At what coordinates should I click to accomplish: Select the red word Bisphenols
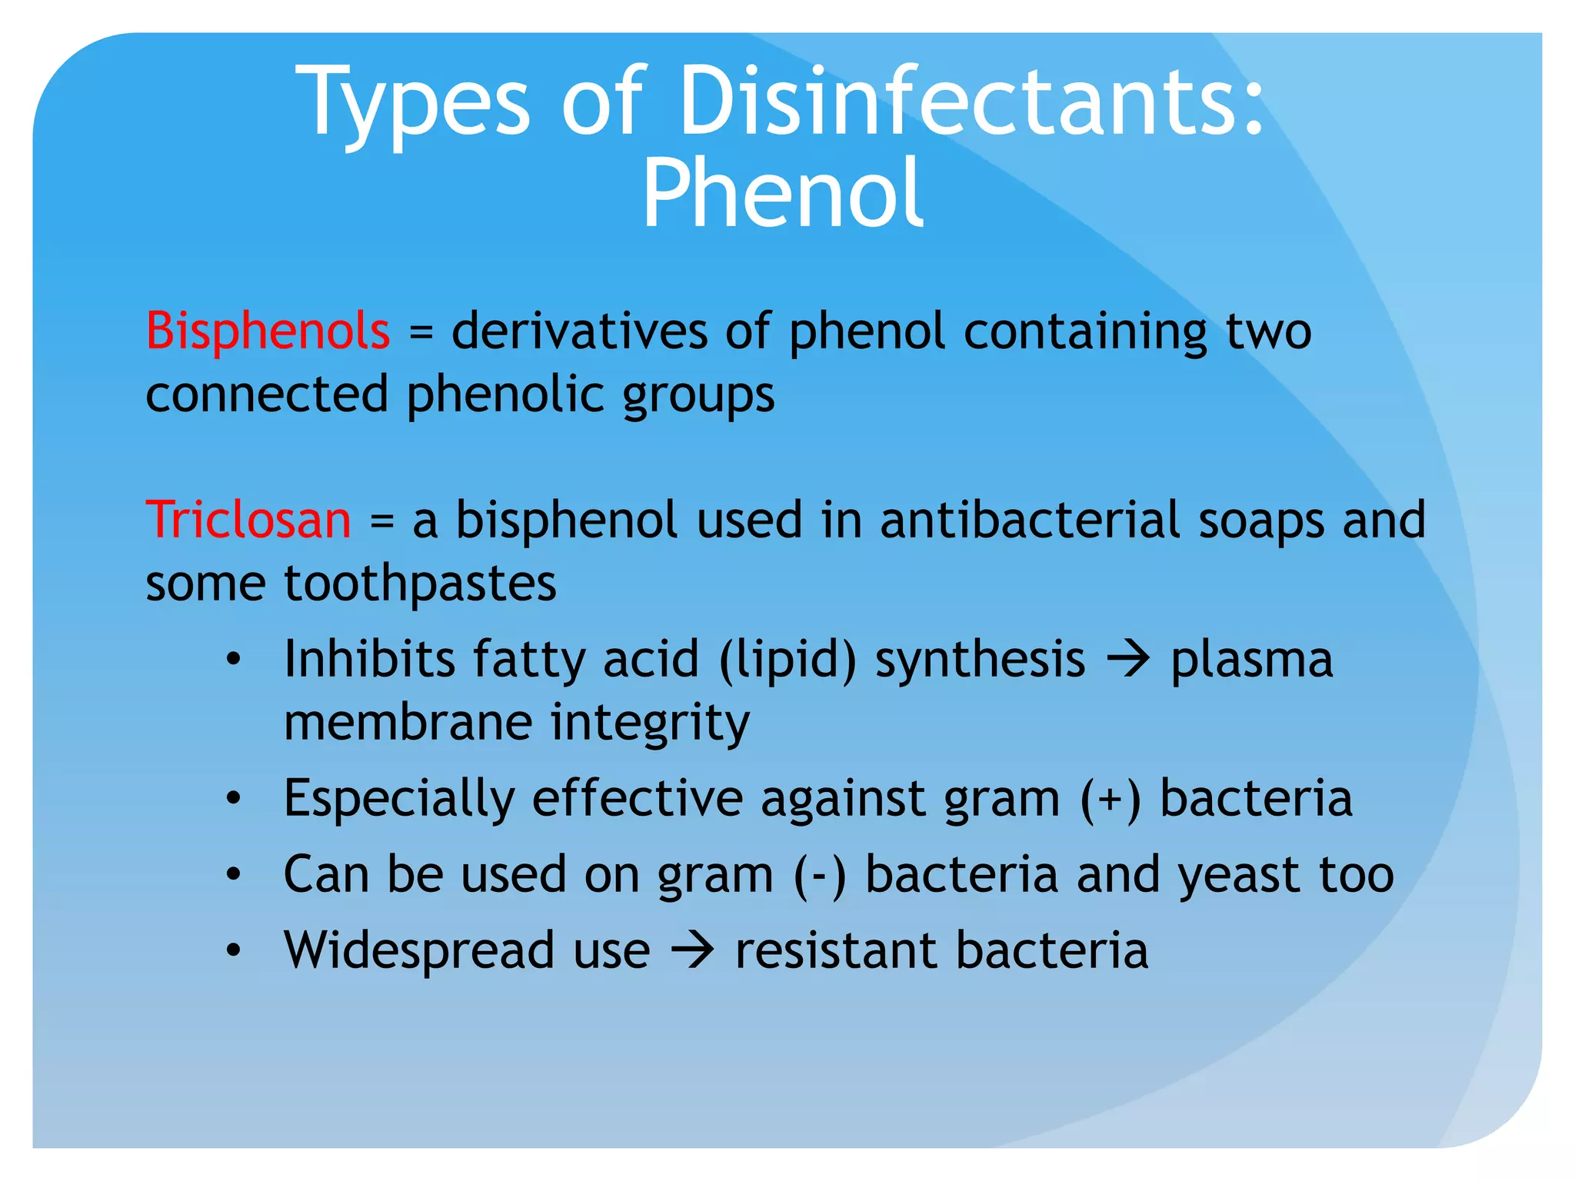[x=268, y=331]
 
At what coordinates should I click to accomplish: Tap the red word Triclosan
[x=248, y=520]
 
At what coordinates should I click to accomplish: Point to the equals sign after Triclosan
[x=382, y=523]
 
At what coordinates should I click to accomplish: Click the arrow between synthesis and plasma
[x=1127, y=660]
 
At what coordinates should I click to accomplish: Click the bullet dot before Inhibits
[x=234, y=660]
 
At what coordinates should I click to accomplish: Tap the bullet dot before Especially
[x=234, y=799]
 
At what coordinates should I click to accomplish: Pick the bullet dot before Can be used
[x=234, y=874]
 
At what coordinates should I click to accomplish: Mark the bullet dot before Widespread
[x=234, y=950]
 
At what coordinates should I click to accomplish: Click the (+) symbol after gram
[x=1110, y=799]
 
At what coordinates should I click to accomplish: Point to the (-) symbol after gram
[x=820, y=876]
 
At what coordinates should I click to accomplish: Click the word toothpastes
[x=420, y=584]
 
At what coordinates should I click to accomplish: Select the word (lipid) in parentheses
[x=787, y=660]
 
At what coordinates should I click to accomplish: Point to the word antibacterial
[x=1030, y=520]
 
